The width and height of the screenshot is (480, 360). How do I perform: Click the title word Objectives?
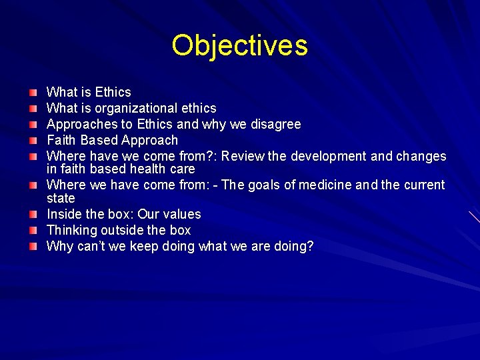point(239,46)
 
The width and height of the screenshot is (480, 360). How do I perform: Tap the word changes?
point(421,156)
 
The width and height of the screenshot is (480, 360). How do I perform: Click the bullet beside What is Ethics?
point(33,92)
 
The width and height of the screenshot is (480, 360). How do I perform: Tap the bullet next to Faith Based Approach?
point(33,140)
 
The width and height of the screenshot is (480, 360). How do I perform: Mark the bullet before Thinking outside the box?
point(33,230)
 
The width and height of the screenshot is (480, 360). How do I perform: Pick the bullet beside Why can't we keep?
point(33,246)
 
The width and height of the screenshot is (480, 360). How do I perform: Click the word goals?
point(265,185)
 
